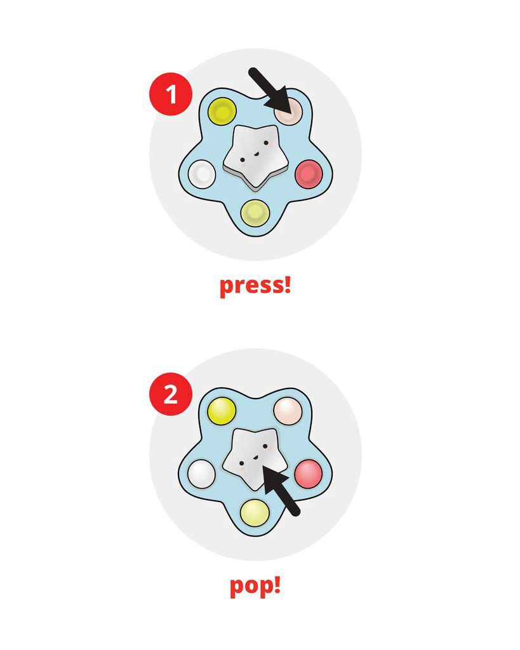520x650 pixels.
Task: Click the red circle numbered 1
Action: (x=170, y=94)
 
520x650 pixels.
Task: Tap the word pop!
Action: (x=255, y=585)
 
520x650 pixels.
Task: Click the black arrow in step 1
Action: (x=270, y=92)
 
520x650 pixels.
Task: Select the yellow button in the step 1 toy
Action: (x=222, y=112)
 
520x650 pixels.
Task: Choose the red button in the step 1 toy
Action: (x=309, y=173)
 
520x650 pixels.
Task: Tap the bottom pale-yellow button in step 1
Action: (x=255, y=211)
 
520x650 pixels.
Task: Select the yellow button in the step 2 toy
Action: (x=222, y=411)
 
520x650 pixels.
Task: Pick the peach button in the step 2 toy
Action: (x=288, y=411)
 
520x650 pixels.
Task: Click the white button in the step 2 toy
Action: (x=203, y=472)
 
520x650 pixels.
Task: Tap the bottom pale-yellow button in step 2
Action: (x=255, y=511)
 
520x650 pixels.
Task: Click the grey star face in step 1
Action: (x=254, y=156)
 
